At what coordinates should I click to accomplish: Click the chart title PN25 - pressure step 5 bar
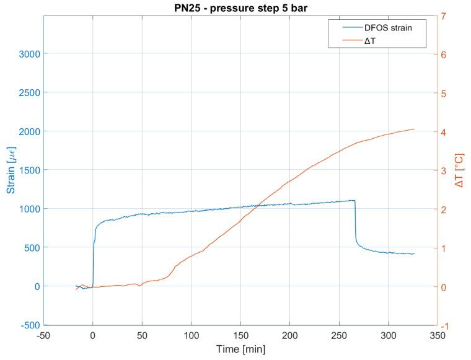tap(240, 8)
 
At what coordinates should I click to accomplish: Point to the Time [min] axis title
tap(240, 349)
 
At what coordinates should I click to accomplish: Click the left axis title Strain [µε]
tap(11, 170)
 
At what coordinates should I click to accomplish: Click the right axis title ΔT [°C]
tap(459, 170)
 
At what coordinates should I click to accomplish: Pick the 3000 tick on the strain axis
tap(27, 54)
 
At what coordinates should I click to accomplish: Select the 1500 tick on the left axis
tap(27, 170)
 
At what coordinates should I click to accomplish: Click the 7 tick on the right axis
tap(444, 15)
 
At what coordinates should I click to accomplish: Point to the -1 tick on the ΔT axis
tap(445, 325)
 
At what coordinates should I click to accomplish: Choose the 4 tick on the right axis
tap(444, 132)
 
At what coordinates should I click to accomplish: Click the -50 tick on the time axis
tap(43, 335)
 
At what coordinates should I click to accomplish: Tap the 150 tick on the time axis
tap(240, 335)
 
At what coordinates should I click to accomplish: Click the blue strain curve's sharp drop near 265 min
tap(355, 223)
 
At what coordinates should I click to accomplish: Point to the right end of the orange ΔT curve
tap(414, 129)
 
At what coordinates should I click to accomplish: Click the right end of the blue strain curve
tap(414, 254)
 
